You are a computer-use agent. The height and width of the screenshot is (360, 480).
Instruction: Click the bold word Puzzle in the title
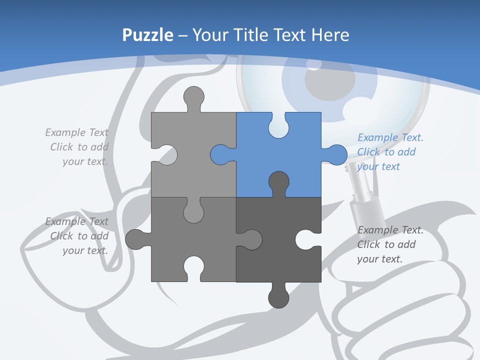(148, 35)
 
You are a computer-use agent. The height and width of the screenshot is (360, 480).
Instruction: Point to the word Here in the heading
(329, 35)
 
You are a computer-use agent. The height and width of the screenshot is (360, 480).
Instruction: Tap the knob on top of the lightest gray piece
(194, 96)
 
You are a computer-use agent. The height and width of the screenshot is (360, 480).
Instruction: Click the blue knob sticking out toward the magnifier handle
(336, 154)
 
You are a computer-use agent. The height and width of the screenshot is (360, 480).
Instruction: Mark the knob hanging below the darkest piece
(278, 297)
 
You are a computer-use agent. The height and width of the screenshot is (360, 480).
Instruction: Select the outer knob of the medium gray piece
(135, 239)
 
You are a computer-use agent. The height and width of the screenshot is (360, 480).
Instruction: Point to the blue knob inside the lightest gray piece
(220, 154)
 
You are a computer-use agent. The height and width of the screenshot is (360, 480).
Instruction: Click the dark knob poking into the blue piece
(278, 182)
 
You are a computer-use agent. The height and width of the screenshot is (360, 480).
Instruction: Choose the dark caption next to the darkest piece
(389, 244)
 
